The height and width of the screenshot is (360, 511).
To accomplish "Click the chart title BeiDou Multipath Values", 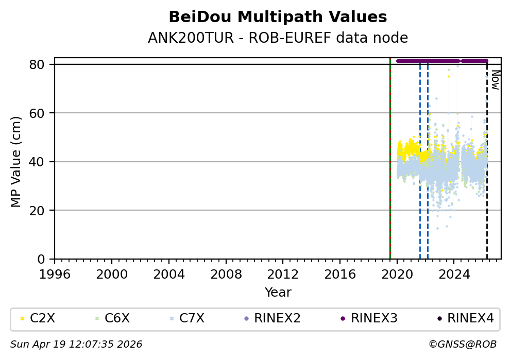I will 278,17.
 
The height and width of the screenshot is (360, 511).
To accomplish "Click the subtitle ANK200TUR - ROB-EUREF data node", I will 278,38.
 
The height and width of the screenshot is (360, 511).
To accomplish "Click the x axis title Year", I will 278,293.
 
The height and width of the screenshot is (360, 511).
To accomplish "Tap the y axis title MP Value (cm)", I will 16,162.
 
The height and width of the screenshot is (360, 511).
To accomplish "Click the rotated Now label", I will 495,80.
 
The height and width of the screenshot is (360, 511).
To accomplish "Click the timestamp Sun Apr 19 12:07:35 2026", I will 76,344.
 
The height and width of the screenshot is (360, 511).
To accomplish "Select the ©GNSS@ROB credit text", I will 462,344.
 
